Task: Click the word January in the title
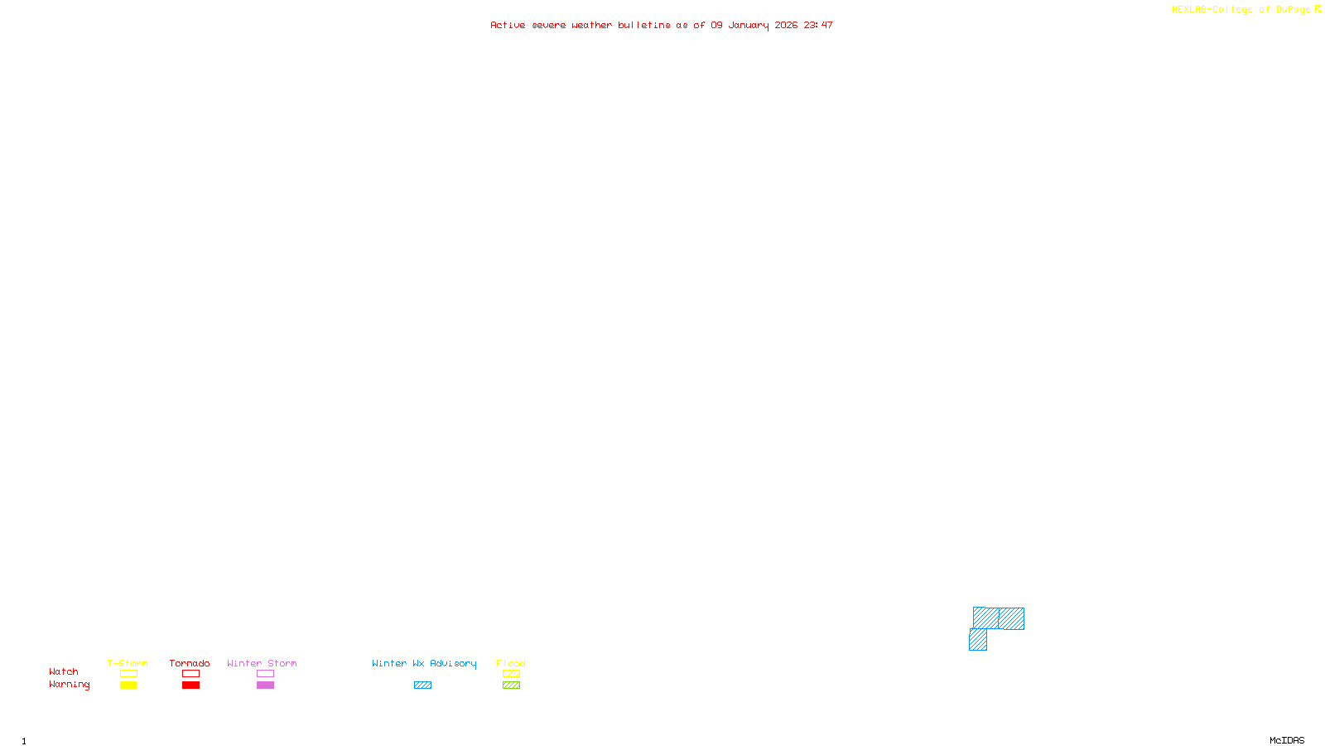click(748, 26)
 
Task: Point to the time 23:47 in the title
click(817, 26)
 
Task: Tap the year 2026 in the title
click(786, 26)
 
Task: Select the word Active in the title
click(508, 26)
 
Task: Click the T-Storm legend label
click(128, 663)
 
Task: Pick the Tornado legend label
click(190, 663)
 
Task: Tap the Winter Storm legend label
click(262, 663)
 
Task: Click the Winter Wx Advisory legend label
click(424, 663)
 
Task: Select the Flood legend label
click(511, 663)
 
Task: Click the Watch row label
click(64, 672)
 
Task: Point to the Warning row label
click(69, 685)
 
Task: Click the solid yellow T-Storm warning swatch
click(128, 685)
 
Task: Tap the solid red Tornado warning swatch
click(191, 685)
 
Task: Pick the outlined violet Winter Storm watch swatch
click(265, 674)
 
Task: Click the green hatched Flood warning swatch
click(511, 685)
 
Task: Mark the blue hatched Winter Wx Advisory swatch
click(422, 685)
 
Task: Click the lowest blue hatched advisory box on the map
click(978, 640)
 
